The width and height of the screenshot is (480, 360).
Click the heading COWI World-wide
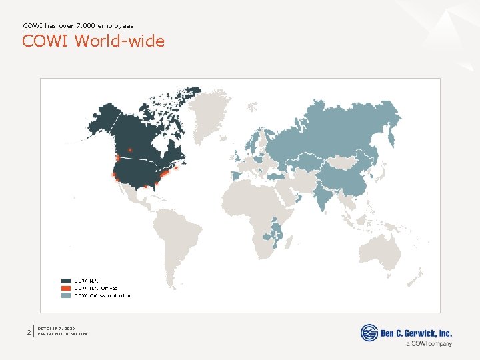point(93,41)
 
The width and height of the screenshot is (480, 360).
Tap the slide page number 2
point(28,331)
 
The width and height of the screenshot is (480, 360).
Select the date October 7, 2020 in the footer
point(57,328)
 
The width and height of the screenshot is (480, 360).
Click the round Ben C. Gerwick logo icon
point(369,333)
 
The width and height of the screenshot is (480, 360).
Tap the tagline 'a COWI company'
point(428,344)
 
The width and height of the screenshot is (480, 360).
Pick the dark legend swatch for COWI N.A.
point(66,281)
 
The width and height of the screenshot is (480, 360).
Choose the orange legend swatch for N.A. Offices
point(66,288)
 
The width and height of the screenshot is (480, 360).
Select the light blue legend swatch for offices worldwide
point(66,295)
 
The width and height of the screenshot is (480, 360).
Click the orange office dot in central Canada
point(130,149)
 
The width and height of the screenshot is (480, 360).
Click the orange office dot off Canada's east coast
point(177,168)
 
